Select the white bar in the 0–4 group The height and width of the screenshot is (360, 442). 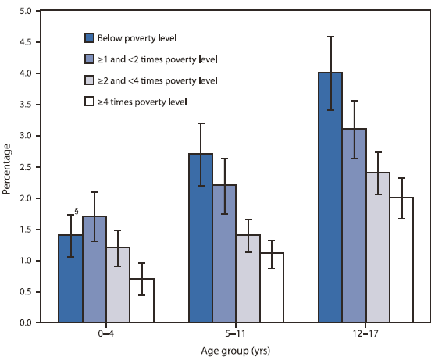141,301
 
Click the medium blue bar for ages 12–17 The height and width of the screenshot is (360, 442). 354,226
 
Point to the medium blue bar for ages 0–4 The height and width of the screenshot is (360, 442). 94,269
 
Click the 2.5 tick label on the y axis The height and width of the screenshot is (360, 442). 27,167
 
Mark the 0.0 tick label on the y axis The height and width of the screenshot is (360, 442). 27,323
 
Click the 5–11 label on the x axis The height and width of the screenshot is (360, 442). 236,333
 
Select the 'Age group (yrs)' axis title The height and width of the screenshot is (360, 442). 236,351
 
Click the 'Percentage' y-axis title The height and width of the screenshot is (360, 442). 8,167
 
